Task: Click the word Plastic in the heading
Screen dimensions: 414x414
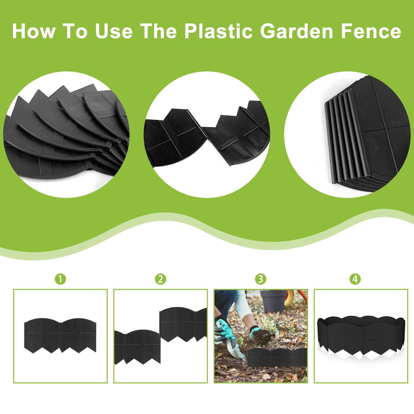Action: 218,31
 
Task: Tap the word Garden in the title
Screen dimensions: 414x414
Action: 297,31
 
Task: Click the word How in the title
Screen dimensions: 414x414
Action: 34,31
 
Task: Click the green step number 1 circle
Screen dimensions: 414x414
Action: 61,279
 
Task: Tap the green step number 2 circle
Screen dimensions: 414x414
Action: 160,279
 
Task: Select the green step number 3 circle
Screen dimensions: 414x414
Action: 261,279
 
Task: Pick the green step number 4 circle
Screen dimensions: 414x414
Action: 355,279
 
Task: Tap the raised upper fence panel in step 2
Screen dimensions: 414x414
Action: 183,324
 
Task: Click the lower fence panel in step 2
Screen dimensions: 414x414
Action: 137,347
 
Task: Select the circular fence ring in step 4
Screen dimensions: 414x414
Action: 361,336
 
